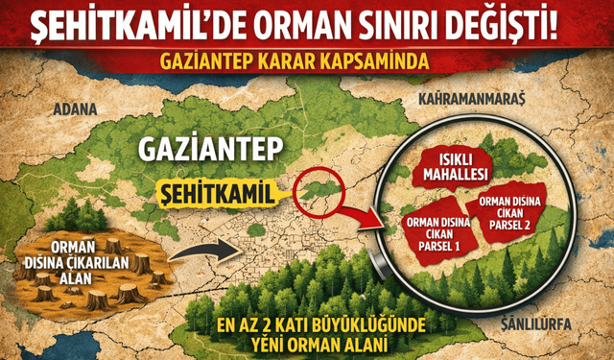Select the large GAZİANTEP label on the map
point(205,151)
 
